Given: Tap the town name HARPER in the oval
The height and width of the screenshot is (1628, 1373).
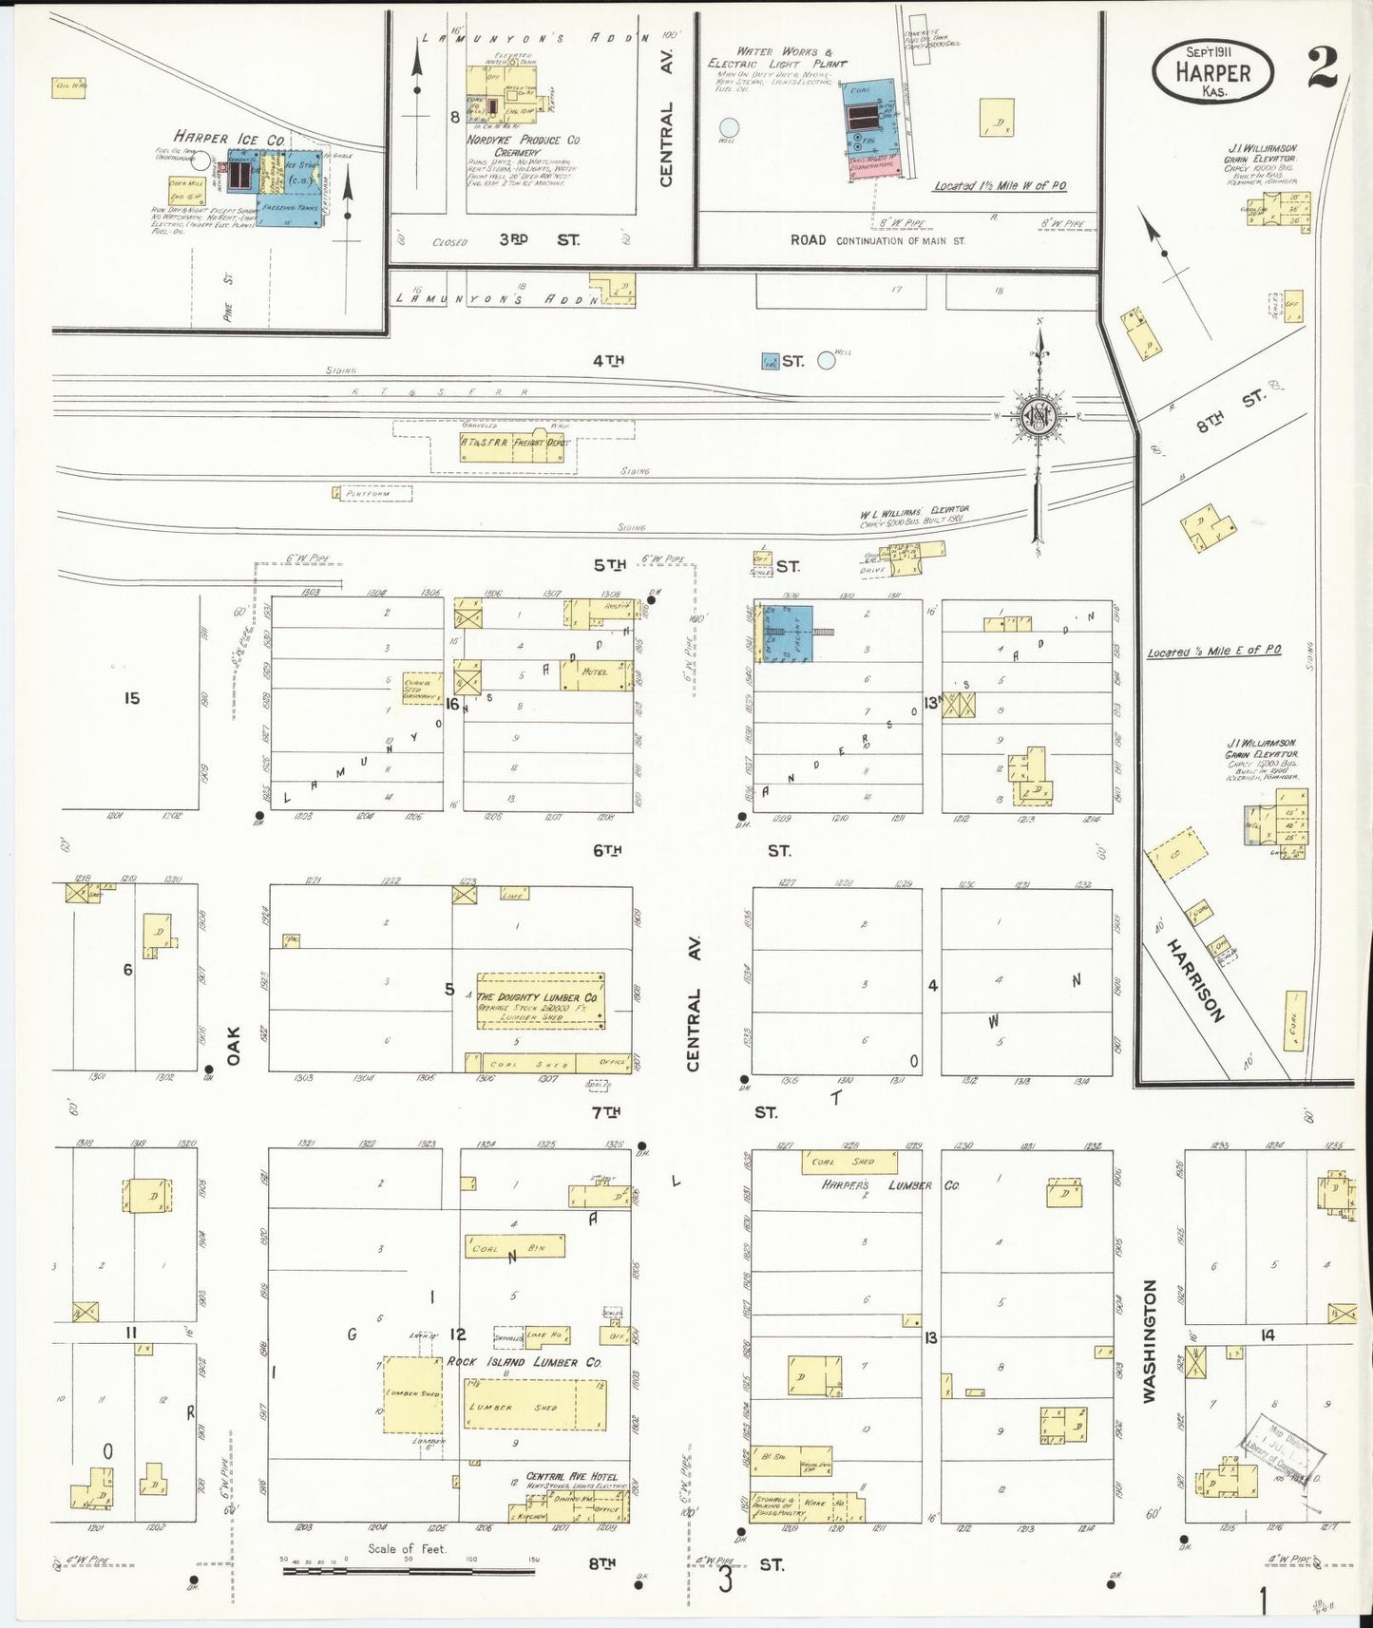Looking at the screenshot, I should click(1212, 72).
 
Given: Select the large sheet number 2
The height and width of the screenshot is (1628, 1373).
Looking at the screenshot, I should click(1322, 67).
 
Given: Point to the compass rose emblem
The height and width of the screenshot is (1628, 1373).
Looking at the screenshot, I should click(1039, 416).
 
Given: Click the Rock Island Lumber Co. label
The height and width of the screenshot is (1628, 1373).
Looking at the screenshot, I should click(524, 1362).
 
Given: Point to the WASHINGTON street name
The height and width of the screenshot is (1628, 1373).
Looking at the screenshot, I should click(1150, 1340).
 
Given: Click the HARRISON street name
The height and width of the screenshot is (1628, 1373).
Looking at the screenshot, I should click(1195, 980).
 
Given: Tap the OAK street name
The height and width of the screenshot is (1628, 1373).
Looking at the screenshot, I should click(234, 1045).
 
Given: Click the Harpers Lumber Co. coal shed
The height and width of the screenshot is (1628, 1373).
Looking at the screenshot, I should click(849, 1162).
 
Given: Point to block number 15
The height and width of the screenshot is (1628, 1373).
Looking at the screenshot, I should click(131, 698).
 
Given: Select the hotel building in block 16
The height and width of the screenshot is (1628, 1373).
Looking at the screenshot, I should click(596, 673).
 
